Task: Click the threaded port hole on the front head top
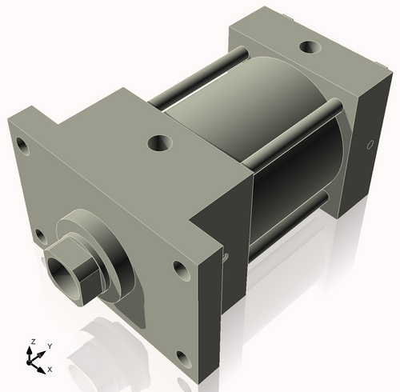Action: (x=158, y=144)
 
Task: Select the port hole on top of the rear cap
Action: (x=306, y=46)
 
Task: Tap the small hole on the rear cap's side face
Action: (x=369, y=145)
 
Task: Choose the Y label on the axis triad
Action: (x=50, y=346)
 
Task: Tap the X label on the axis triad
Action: (x=50, y=369)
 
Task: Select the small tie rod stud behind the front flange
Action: (x=226, y=257)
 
